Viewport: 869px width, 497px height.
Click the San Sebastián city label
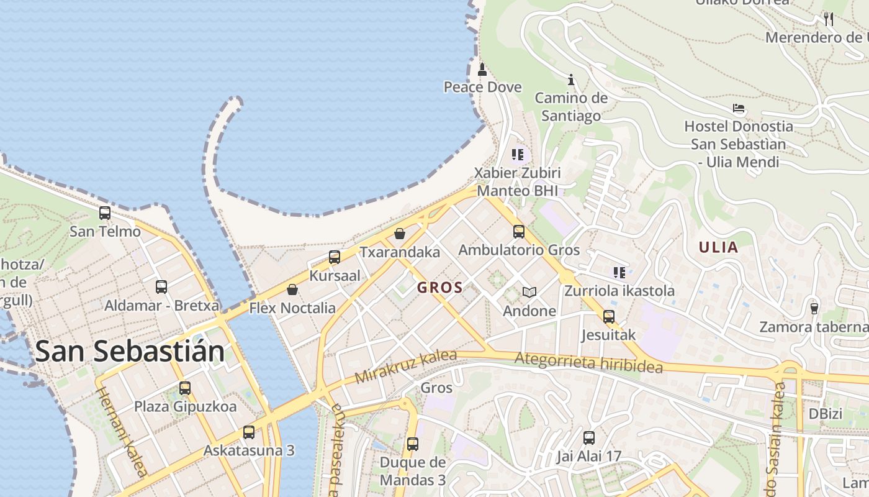point(130,351)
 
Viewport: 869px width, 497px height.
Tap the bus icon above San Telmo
point(105,213)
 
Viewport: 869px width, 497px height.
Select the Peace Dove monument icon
point(482,69)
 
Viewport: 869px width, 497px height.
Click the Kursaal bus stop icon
point(335,257)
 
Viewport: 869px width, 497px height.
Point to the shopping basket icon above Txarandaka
point(400,234)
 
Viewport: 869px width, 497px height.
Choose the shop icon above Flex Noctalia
point(292,290)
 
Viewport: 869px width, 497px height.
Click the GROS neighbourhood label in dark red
point(440,288)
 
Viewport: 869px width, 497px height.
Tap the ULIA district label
point(719,247)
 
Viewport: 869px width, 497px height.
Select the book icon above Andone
point(529,292)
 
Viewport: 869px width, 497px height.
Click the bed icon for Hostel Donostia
point(739,108)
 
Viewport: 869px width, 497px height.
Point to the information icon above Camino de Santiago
point(571,80)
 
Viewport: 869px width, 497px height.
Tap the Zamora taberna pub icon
point(814,308)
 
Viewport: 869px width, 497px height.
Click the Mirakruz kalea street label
point(406,366)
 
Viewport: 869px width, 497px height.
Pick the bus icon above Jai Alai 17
point(589,437)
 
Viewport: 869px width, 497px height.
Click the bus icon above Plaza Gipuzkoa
point(185,388)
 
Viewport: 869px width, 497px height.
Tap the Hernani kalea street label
point(122,432)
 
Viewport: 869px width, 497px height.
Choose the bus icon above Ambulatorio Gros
point(519,232)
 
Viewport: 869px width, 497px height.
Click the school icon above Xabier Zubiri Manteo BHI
point(517,154)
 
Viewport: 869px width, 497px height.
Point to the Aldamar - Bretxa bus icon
point(161,287)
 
